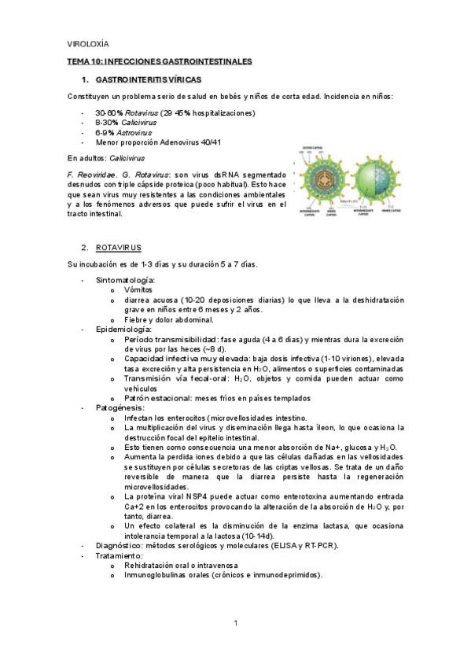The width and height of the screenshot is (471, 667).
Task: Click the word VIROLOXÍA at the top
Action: tap(88, 44)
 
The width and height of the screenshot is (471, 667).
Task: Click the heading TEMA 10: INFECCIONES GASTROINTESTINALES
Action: tap(158, 61)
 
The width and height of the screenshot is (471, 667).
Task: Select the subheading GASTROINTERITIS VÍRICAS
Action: tap(148, 80)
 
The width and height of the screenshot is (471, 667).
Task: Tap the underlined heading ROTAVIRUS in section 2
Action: tap(119, 247)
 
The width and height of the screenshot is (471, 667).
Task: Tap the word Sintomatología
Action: tap(124, 279)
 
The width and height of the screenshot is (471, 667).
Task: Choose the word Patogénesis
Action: tap(120, 407)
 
